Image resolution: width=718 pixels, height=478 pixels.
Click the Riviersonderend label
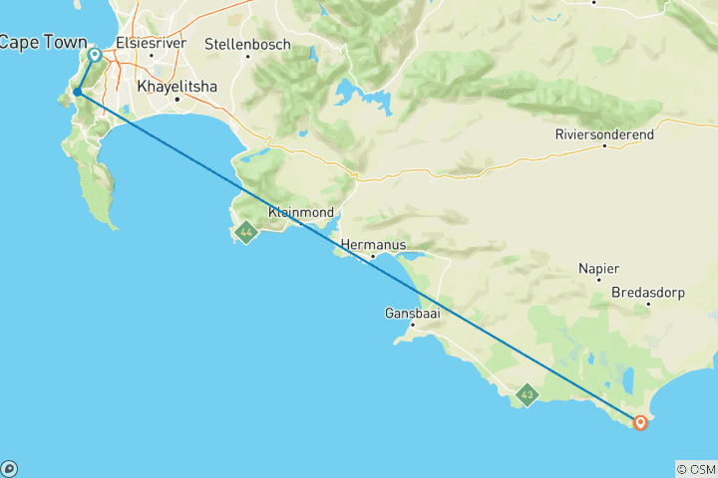click(604, 132)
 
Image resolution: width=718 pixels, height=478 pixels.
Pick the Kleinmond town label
click(300, 211)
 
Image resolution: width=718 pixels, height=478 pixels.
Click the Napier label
click(598, 269)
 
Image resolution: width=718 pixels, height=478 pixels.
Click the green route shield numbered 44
click(245, 233)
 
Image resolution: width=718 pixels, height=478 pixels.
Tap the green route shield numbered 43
click(527, 396)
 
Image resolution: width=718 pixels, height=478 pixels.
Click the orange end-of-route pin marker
click(640, 423)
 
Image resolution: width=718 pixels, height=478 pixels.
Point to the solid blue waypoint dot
click(77, 93)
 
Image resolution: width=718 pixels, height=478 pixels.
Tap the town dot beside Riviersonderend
click(604, 146)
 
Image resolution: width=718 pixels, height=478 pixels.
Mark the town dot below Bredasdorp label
click(648, 304)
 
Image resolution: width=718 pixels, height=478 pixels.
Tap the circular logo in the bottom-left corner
click(9, 468)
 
